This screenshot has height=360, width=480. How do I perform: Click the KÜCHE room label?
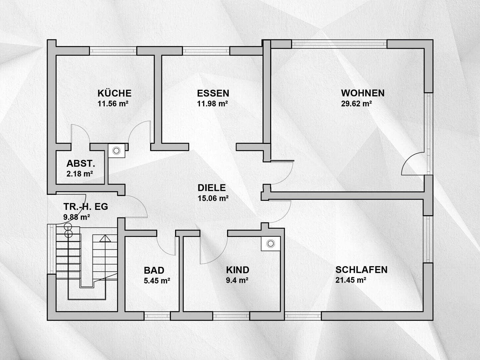[x=114, y=93]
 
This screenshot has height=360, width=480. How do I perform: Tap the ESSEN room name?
[x=213, y=93]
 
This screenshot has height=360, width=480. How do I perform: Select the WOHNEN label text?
[x=363, y=93]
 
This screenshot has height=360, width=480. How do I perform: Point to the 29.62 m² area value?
[x=356, y=103]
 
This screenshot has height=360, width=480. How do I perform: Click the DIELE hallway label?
[x=211, y=188]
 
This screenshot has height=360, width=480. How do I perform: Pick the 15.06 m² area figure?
[x=213, y=198]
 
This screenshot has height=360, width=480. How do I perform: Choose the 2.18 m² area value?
[x=80, y=174]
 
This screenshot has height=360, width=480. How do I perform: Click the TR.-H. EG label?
[x=86, y=207]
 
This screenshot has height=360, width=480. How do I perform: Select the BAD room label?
[x=154, y=270]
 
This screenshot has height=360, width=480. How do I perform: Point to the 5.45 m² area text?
[x=157, y=280]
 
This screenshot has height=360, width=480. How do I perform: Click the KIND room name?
[x=237, y=270]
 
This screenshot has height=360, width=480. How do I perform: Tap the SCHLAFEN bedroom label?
[x=361, y=270]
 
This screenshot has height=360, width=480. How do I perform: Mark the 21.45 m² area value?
[x=351, y=280]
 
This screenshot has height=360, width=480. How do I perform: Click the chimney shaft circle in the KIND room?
[x=271, y=244]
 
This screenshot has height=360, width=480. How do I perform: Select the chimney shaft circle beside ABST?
[x=116, y=150]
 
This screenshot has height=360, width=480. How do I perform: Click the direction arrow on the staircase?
[x=105, y=238]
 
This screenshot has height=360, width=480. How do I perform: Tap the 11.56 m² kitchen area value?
[x=113, y=103]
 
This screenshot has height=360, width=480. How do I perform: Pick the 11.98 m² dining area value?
[x=212, y=103]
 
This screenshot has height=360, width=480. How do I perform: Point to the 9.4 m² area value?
[x=237, y=280]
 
